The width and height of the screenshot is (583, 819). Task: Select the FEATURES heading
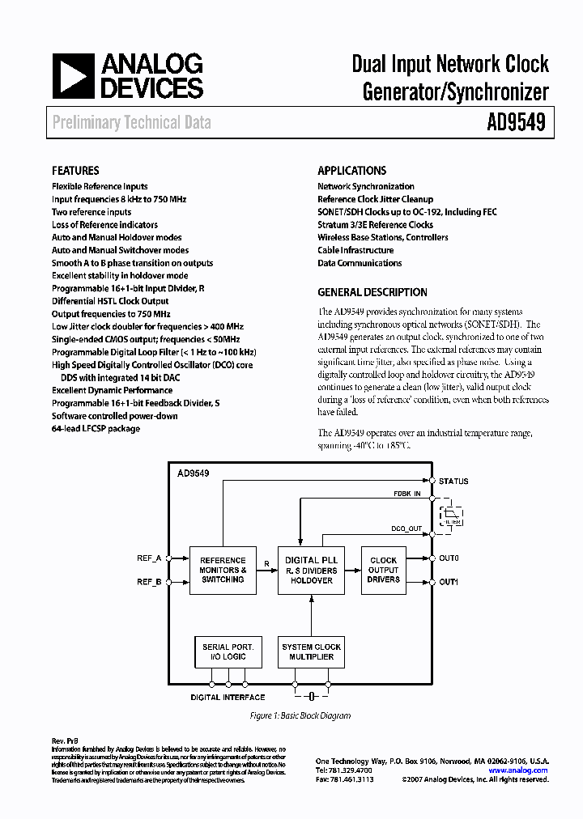[75, 171]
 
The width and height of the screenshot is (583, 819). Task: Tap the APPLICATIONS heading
[351, 171]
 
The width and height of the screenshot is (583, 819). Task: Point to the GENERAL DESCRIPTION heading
[372, 292]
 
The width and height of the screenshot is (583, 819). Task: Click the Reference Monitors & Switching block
[223, 570]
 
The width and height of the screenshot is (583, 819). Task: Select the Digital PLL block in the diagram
[311, 570]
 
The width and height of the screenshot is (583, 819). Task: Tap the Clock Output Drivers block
[383, 570]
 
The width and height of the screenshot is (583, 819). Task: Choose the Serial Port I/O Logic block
[228, 652]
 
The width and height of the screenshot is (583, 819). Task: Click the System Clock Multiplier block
[311, 652]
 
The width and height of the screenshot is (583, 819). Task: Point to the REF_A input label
[149, 558]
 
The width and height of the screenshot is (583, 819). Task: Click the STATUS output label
[453, 482]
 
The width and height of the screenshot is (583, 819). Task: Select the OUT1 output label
[449, 582]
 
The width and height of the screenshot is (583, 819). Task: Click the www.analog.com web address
[518, 770]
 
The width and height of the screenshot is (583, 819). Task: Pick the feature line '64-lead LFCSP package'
[96, 428]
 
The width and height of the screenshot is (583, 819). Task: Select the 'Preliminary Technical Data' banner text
[131, 123]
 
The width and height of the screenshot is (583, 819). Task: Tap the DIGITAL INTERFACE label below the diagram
[228, 697]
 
